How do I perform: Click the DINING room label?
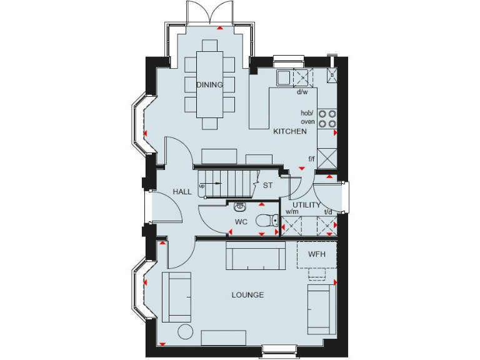pyautogui.click(x=209, y=85)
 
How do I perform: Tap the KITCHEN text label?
pyautogui.click(x=290, y=132)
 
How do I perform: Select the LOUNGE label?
pyautogui.click(x=247, y=295)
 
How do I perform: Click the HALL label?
pyautogui.click(x=182, y=192)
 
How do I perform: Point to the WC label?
pyautogui.click(x=242, y=222)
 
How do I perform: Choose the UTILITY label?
pyautogui.click(x=306, y=205)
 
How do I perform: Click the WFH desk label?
pyautogui.click(x=316, y=255)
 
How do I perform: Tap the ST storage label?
pyautogui.click(x=267, y=186)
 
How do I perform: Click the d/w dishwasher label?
pyautogui.click(x=302, y=92)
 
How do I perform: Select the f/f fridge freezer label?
pyautogui.click(x=311, y=159)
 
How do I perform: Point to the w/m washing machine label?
pyautogui.click(x=292, y=212)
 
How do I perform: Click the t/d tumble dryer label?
pyautogui.click(x=328, y=212)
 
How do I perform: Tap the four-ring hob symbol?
pyautogui.click(x=327, y=119)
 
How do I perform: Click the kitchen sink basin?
pyautogui.click(x=283, y=77)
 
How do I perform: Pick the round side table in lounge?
pyautogui.click(x=186, y=331)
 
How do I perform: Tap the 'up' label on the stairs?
pyautogui.click(x=202, y=186)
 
